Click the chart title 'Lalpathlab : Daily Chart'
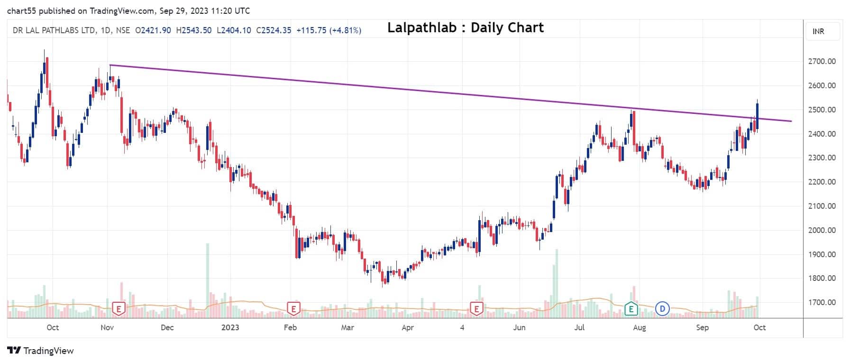(465, 28)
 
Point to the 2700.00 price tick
(822, 61)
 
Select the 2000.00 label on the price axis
(822, 230)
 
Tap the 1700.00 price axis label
(822, 302)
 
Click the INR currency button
(818, 31)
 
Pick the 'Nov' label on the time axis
(107, 327)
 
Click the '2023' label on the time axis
(230, 327)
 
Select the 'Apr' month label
(407, 327)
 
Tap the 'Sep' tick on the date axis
(702, 327)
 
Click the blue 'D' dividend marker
(662, 309)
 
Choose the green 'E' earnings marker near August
(631, 309)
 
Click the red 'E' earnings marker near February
(293, 309)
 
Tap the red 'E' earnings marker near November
(119, 309)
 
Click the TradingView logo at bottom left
(41, 351)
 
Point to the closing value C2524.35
(274, 30)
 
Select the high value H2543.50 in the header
(193, 30)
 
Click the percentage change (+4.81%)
(345, 30)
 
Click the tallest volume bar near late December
(207, 280)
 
